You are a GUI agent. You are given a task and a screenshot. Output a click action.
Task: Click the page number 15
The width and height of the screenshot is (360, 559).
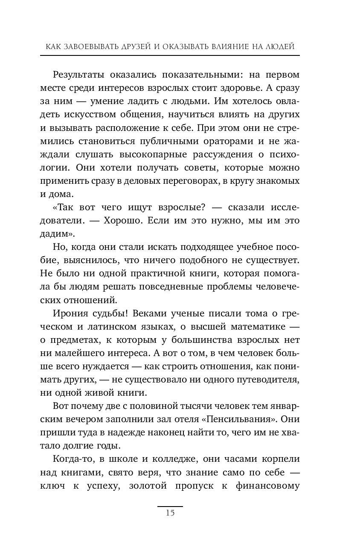pyautogui.click(x=170, y=513)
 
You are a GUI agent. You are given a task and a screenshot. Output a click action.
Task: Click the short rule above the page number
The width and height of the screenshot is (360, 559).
pyautogui.click(x=170, y=506)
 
